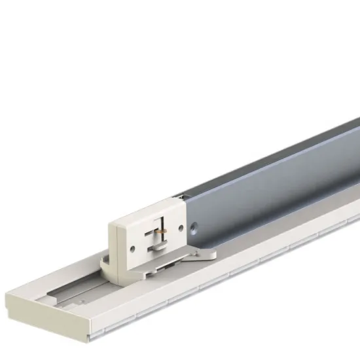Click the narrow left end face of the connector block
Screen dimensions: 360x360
[x=115, y=243]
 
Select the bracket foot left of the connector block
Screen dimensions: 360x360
[x=105, y=266]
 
